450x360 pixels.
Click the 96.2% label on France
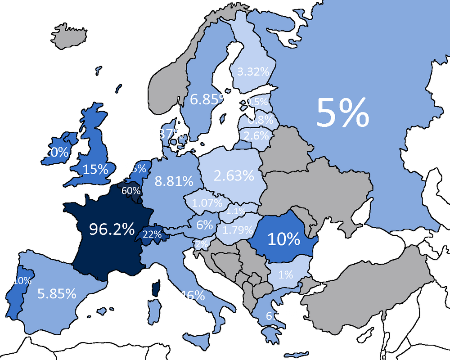point(112,229)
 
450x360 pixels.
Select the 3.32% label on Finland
point(252,71)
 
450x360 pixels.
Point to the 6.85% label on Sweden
point(211,99)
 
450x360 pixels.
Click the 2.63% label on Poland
point(234,175)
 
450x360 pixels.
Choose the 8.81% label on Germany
point(174,181)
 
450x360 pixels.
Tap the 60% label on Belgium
point(131,190)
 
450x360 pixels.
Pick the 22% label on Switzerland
point(152,234)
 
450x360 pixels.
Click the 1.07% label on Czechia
point(207,203)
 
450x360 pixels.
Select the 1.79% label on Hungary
point(238,230)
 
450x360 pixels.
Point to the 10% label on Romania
point(283,239)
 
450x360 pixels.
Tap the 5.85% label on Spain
point(57,294)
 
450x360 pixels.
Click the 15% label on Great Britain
point(95,169)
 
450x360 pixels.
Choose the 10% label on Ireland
point(55,152)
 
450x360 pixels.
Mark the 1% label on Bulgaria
point(285,274)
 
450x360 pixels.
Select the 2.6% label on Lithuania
point(255,135)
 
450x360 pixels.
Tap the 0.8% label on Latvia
point(261,120)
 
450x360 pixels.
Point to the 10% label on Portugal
point(22,281)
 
